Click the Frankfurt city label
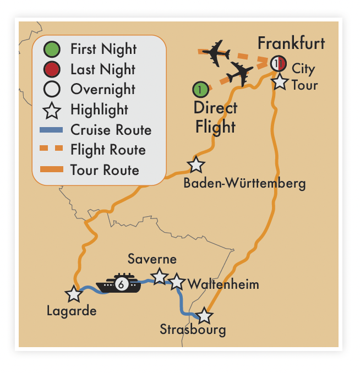pyautogui.click(x=291, y=43)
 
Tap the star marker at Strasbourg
pyautogui.click(x=204, y=316)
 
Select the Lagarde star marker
pyautogui.click(x=73, y=294)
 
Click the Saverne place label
pyautogui.click(x=152, y=259)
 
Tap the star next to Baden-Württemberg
pyautogui.click(x=196, y=164)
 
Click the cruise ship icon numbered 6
pyautogui.click(x=120, y=283)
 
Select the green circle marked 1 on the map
pyautogui.click(x=200, y=89)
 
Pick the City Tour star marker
pyautogui.click(x=280, y=83)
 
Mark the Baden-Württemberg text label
pyautogui.click(x=245, y=183)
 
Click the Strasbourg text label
pyautogui.click(x=193, y=330)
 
